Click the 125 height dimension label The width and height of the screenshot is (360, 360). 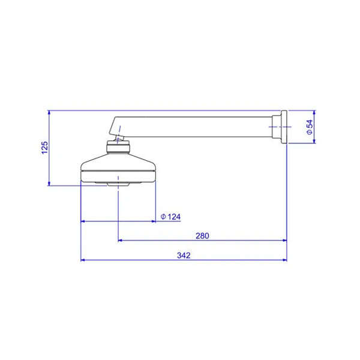point(45,148)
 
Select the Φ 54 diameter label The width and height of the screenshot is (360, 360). point(310,127)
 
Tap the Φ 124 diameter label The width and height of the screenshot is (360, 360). point(170,217)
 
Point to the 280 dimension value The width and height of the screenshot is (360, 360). point(202,236)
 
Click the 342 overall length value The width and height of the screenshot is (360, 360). point(184,256)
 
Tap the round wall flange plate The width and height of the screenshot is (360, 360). point(284,127)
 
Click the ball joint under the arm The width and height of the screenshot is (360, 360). point(119,139)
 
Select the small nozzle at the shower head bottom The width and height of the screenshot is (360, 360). point(118,184)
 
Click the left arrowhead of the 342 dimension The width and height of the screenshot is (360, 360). point(83,260)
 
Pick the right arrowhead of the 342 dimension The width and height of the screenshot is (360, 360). point(284,260)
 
